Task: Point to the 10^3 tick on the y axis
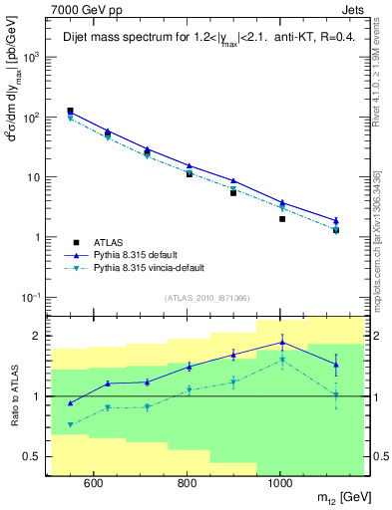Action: coord(31,58)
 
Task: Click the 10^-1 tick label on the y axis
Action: coord(30,298)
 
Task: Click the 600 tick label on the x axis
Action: coord(93,485)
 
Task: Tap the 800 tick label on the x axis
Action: coord(187,485)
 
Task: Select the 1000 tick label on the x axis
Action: coord(280,485)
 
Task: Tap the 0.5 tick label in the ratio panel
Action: coord(32,456)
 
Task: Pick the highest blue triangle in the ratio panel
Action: coord(282,343)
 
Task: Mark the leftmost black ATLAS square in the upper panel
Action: coord(71,111)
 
